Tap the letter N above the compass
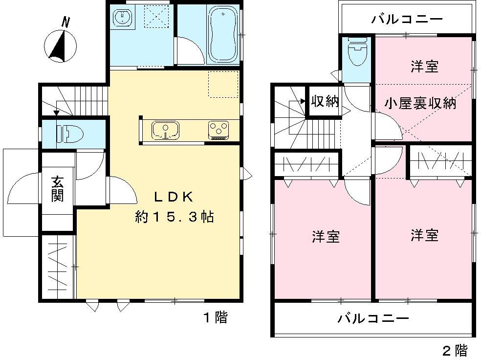(66, 22)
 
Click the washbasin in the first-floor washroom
(121, 19)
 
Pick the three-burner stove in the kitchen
(219, 130)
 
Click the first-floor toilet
(66, 133)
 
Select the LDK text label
(175, 197)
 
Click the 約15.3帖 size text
(175, 217)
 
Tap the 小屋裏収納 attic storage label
(420, 103)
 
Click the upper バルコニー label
(407, 20)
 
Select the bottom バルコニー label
(373, 319)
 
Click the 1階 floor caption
(216, 317)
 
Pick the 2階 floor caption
(455, 350)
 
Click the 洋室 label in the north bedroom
(424, 67)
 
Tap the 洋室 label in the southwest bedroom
(326, 237)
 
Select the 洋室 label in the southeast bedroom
(424, 235)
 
